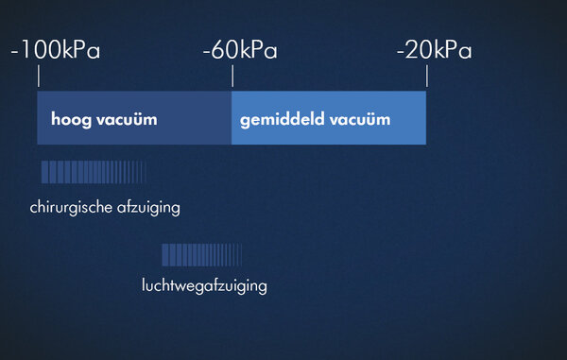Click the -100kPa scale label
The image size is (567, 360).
click(x=56, y=50)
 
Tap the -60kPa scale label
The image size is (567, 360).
click(x=240, y=50)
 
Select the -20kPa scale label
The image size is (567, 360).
click(x=435, y=50)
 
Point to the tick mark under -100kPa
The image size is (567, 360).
click(x=39, y=76)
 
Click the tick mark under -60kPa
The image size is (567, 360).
click(x=232, y=76)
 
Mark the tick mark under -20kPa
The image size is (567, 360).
click(x=427, y=76)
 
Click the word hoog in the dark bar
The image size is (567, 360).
click(x=71, y=120)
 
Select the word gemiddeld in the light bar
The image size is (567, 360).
click(x=282, y=120)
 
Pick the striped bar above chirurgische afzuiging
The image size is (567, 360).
click(x=94, y=172)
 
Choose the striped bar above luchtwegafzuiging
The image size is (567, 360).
click(x=202, y=255)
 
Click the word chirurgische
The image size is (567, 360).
click(x=71, y=208)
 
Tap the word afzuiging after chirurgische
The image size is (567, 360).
click(x=148, y=208)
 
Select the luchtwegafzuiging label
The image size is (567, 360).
click(x=204, y=286)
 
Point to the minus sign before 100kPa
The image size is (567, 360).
click(x=14, y=53)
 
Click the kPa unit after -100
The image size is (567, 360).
click(x=81, y=50)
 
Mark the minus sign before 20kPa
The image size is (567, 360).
click(x=401, y=53)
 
